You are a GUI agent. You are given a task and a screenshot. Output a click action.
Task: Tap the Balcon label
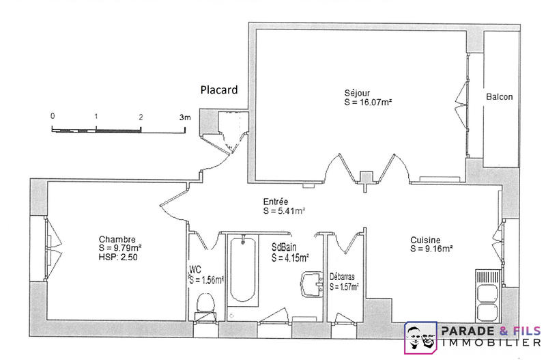click(x=499, y=97)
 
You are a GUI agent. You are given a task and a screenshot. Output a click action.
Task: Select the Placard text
click(x=218, y=89)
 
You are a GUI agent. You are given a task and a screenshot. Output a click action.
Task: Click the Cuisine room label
click(x=425, y=240)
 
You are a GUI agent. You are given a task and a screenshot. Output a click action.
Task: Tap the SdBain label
click(x=283, y=248)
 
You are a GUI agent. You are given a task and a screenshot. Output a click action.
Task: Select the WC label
click(x=195, y=269)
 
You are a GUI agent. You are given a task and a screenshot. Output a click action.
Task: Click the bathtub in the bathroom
click(x=242, y=270)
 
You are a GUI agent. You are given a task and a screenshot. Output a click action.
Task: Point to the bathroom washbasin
click(x=313, y=283)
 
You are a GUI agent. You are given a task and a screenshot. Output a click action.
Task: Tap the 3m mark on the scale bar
click(x=185, y=117)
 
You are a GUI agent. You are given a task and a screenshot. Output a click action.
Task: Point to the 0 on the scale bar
click(x=53, y=115)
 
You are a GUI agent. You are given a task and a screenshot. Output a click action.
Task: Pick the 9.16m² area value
click(x=440, y=249)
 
